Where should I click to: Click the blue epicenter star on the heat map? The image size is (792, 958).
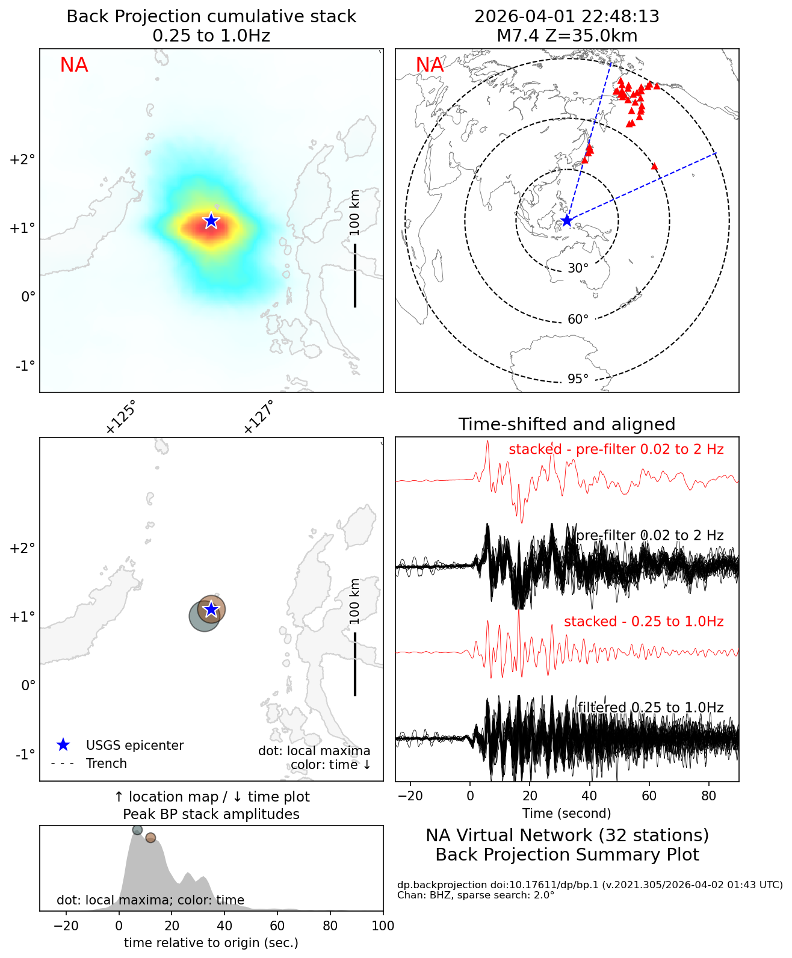click(211, 221)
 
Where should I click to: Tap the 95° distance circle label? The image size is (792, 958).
click(578, 379)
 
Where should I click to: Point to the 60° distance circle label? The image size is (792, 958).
click(578, 319)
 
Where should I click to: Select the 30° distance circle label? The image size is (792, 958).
click(578, 268)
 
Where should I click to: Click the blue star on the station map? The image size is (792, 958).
click(566, 221)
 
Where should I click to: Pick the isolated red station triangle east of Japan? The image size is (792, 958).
click(655, 166)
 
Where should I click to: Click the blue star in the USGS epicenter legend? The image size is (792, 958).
click(63, 745)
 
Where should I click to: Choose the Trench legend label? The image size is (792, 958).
click(107, 764)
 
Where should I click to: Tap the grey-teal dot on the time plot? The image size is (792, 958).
click(137, 830)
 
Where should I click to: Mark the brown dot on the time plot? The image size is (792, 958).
click(150, 838)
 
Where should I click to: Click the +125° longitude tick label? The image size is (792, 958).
click(120, 416)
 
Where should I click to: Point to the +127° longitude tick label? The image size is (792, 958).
click(259, 416)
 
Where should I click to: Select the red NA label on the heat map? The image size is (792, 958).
click(74, 65)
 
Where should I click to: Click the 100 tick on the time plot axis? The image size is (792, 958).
click(383, 926)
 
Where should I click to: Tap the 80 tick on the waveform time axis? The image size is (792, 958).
click(709, 796)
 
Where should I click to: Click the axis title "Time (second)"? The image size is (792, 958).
click(566, 814)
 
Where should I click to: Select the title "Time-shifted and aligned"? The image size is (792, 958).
click(566, 424)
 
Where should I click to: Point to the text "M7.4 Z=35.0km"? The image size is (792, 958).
click(566, 36)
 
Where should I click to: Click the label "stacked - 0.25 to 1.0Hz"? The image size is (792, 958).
click(643, 622)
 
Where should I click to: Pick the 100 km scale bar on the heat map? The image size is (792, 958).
click(355, 275)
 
